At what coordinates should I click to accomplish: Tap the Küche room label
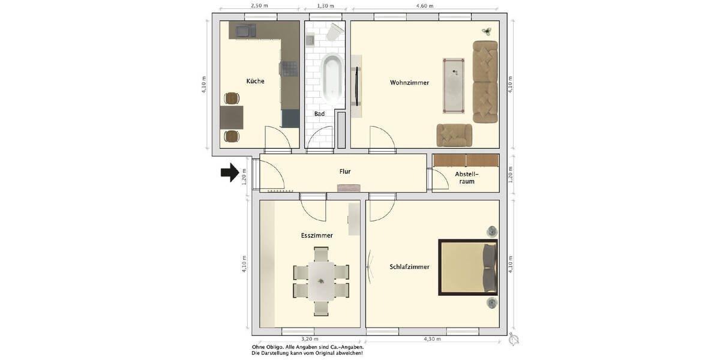255,81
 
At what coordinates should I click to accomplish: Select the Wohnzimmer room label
409,83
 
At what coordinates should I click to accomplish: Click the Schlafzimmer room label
409,266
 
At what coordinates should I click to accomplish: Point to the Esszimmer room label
317,236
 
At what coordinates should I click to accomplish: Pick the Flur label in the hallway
344,172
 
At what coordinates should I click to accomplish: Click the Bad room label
319,113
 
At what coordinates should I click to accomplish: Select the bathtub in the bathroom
332,78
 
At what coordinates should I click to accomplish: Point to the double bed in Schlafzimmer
468,268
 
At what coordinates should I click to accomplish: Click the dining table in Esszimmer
322,281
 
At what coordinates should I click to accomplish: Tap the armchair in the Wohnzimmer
454,135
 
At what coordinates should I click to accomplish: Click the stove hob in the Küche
290,69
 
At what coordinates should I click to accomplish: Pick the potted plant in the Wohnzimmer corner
487,31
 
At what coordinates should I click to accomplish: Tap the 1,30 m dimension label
325,5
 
